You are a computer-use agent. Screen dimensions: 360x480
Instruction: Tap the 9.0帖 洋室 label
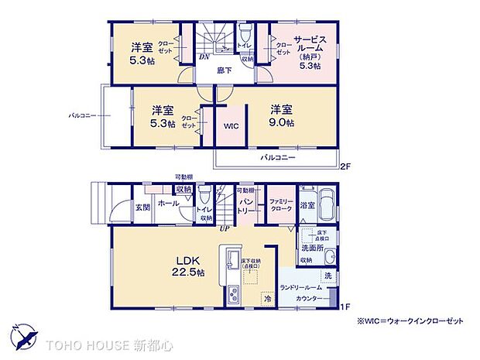click(x=281, y=115)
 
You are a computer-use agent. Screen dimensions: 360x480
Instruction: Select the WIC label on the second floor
click(x=230, y=125)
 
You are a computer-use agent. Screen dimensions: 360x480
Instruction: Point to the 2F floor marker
click(x=345, y=166)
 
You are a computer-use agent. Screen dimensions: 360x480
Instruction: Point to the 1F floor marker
click(x=345, y=307)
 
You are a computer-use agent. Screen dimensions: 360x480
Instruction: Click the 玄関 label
click(x=142, y=207)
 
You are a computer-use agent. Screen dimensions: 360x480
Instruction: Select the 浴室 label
click(x=308, y=205)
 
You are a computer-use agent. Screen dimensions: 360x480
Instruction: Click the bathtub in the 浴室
click(x=327, y=204)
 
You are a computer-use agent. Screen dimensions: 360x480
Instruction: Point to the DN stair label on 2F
click(x=204, y=57)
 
